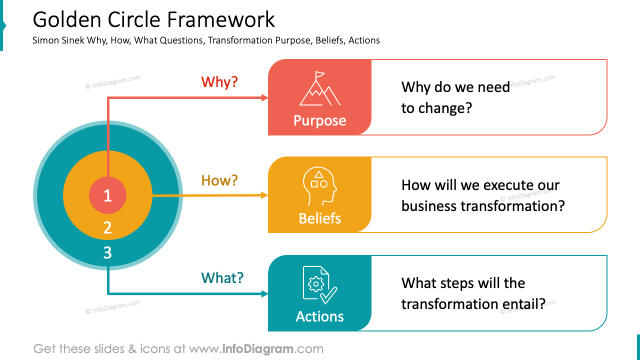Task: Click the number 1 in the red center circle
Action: (x=107, y=196)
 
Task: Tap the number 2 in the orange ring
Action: (x=107, y=228)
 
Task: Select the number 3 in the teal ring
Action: (x=107, y=253)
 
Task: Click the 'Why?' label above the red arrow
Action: (x=219, y=82)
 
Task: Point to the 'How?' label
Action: (x=219, y=180)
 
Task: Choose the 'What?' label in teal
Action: (x=222, y=278)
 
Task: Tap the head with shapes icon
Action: (x=319, y=186)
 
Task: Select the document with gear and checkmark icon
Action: (x=319, y=285)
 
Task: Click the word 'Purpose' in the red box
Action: (x=319, y=121)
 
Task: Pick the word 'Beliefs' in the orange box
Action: (x=319, y=218)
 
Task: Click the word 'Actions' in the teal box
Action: (x=319, y=316)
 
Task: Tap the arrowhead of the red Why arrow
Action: (x=265, y=98)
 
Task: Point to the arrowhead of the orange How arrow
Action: (x=265, y=195)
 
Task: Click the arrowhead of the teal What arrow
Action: (x=265, y=294)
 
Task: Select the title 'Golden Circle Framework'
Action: (x=153, y=20)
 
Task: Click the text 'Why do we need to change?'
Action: (x=455, y=97)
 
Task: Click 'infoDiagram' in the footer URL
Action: (x=257, y=348)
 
